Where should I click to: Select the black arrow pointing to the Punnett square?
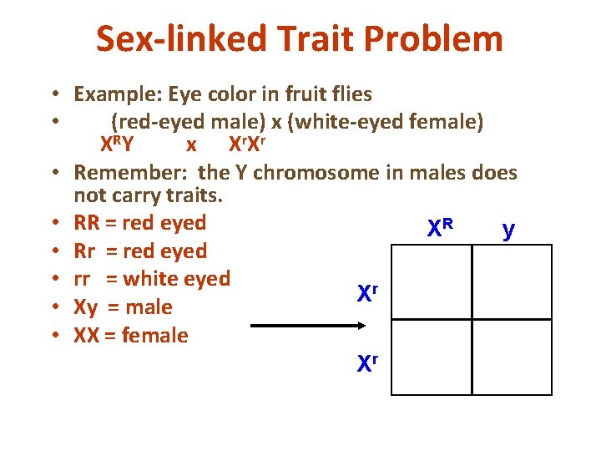coord(293,326)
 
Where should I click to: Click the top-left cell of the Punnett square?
coord(431,281)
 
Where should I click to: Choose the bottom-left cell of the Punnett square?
coord(431,357)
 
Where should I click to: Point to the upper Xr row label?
coord(368,292)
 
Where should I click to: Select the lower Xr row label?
coord(368,363)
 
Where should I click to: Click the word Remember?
coord(129,173)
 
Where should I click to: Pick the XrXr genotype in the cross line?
coord(247,144)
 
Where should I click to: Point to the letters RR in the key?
coord(87,222)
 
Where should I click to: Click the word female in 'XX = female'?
coord(154,335)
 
